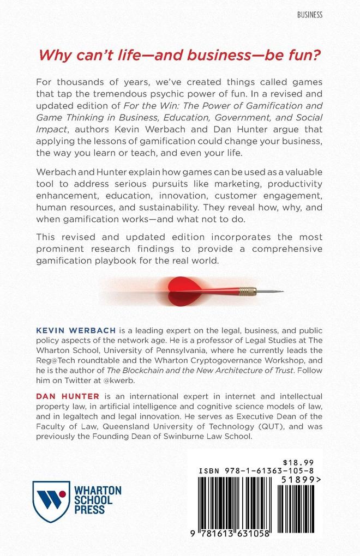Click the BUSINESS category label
[x=309, y=15]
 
